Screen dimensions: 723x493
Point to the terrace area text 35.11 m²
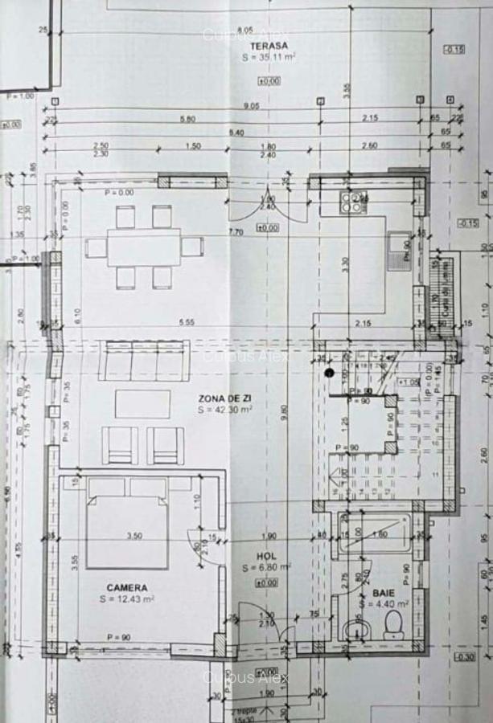[269, 59]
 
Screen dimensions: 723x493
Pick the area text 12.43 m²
[127, 598]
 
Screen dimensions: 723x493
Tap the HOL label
[266, 556]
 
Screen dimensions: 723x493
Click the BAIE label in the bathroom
[384, 591]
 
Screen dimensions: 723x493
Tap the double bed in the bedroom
[127, 522]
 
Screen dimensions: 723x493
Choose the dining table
[144, 247]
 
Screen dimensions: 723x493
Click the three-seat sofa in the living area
[144, 361]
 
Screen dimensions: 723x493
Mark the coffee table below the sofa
[142, 403]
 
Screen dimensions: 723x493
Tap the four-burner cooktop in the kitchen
[352, 202]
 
